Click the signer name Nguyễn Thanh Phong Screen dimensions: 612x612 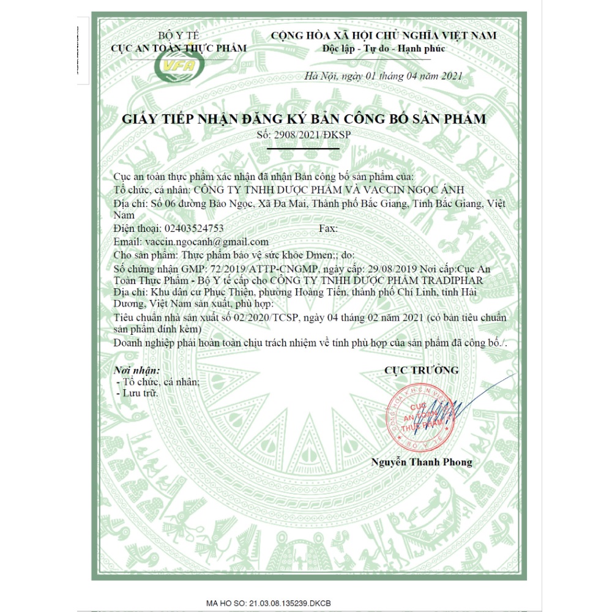point(422,462)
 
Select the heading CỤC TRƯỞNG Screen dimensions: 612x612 point(422,370)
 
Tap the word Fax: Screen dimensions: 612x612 point(329,228)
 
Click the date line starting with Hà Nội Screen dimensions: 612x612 point(383,76)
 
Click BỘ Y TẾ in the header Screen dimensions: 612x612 point(179,35)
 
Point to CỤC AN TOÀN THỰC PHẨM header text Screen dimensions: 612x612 point(179,48)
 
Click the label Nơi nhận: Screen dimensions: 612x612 point(138,370)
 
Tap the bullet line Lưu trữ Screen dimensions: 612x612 point(140,393)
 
